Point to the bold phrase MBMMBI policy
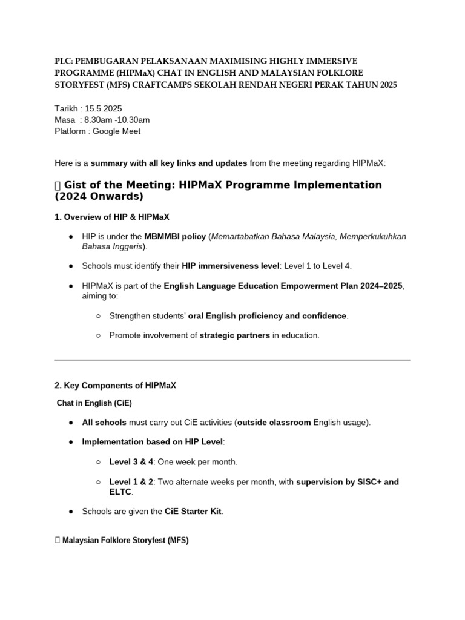(x=175, y=236)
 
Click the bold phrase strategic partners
(x=234, y=335)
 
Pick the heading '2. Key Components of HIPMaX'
(x=115, y=385)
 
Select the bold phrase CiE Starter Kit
(x=193, y=512)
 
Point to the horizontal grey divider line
(x=232, y=360)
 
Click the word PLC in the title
(x=62, y=61)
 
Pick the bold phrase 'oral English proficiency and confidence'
(x=267, y=315)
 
